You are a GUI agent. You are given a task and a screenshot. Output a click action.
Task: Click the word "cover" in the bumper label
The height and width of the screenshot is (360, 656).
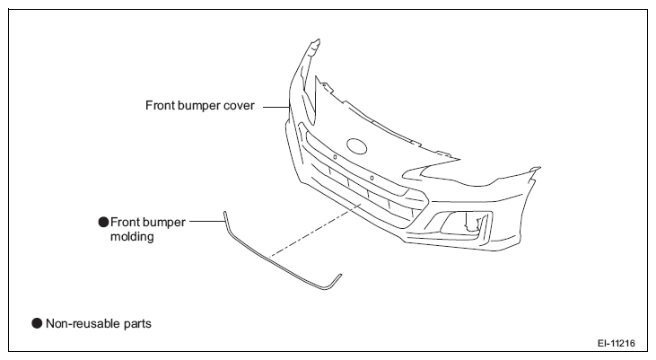tap(239, 106)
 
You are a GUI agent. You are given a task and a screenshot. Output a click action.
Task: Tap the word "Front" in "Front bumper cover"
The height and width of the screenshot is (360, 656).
tap(160, 106)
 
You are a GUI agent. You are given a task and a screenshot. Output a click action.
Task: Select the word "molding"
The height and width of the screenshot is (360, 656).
tap(132, 237)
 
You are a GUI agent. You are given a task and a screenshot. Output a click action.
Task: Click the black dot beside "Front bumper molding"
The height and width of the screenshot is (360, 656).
tap(103, 223)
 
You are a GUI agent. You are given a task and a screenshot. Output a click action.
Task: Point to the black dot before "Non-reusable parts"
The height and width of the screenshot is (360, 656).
tap(37, 323)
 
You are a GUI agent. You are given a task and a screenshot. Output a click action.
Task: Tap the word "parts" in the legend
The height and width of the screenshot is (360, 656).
tap(137, 324)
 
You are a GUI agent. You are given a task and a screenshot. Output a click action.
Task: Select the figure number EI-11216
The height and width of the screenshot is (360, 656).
tap(617, 344)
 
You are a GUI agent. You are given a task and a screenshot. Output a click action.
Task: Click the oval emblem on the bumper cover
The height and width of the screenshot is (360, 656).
tap(356, 146)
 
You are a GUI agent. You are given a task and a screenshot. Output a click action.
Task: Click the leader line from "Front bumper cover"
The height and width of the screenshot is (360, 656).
tap(276, 107)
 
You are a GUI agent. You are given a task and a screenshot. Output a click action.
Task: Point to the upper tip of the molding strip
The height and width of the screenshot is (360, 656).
tap(224, 213)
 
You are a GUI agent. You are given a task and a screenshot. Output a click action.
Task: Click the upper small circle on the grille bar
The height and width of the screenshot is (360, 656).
tap(335, 157)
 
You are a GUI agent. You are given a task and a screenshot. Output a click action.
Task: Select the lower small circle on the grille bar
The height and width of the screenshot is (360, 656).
tap(372, 179)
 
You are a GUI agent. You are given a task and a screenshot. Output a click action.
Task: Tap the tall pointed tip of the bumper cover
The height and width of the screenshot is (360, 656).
tap(317, 41)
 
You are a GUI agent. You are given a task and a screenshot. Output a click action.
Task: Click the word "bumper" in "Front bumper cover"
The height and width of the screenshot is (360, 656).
tap(198, 106)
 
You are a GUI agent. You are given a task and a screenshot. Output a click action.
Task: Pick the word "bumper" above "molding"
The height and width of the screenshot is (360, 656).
tap(164, 223)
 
